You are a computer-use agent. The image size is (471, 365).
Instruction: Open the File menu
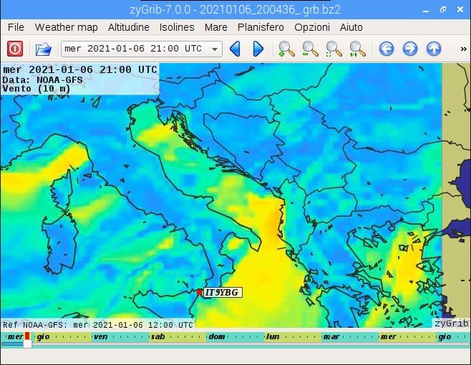[x=16, y=27]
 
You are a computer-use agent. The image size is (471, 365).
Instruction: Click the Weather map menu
[x=67, y=27]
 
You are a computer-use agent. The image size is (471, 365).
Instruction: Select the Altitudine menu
[x=129, y=27]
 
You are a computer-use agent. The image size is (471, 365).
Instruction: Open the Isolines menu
[x=177, y=27]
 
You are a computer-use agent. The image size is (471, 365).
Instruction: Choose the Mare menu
[x=215, y=27]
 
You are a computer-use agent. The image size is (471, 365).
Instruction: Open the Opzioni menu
[x=312, y=27]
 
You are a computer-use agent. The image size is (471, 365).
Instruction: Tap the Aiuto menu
[x=351, y=27]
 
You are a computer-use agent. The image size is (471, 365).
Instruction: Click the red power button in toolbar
[x=15, y=49]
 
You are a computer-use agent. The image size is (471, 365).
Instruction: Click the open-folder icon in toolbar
[x=44, y=49]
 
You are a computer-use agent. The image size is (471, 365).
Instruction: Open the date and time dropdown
[x=142, y=49]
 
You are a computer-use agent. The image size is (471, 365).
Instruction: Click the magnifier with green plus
[x=286, y=49]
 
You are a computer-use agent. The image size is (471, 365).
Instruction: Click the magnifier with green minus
[x=310, y=49]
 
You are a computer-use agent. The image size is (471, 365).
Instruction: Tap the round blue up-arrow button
[x=433, y=49]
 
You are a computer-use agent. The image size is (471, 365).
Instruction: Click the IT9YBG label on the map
[x=223, y=292]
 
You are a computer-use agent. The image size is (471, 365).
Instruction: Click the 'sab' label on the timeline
[x=158, y=336]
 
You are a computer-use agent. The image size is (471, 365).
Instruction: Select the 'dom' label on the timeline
[x=216, y=336]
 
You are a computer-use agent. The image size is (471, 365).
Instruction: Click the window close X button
[x=460, y=9]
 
